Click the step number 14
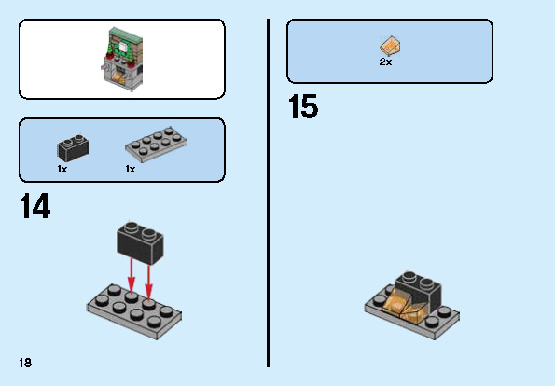tap(35, 206)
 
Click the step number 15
tap(303, 107)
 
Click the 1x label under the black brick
tap(62, 170)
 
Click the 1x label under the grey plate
tap(131, 170)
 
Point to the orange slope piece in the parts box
tap(390, 44)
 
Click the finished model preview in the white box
tap(122, 59)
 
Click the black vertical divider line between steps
tap(269, 186)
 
